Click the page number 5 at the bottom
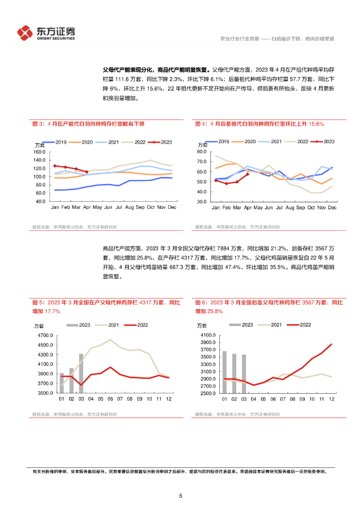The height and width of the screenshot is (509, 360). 180,496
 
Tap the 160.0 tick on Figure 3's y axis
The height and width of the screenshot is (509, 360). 39,152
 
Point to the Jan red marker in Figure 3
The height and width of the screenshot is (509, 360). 55,166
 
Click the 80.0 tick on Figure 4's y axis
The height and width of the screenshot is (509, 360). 202,151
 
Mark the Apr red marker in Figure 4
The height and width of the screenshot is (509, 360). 247,174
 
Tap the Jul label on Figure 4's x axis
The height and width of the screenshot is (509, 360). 279,207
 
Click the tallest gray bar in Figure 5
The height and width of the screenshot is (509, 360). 81,373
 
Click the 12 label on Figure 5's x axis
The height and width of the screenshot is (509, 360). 168,399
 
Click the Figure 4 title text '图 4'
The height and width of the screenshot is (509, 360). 200,124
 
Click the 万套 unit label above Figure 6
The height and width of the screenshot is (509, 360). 202,326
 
